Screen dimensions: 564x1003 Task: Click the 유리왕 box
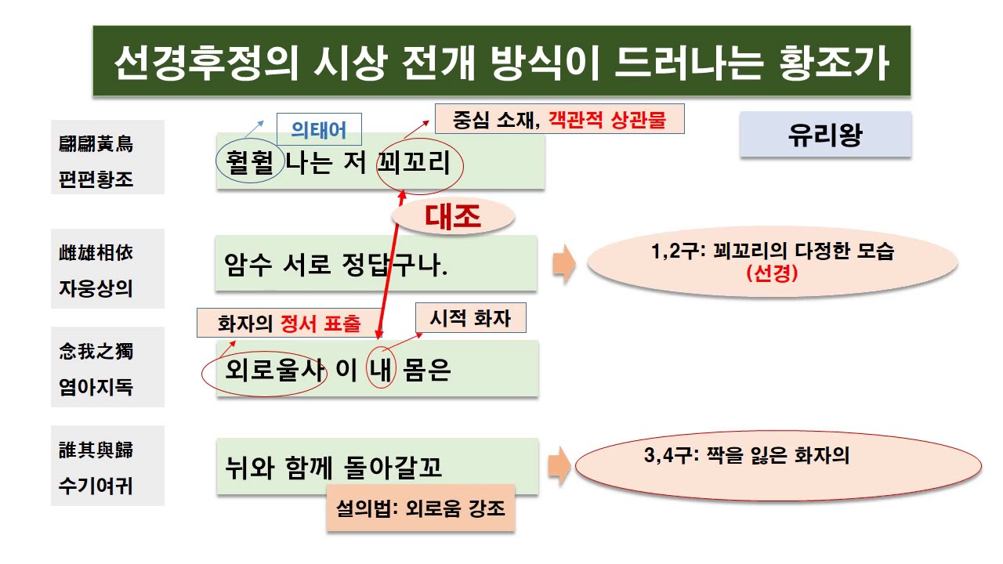[825, 135]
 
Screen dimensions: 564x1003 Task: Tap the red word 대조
[453, 216]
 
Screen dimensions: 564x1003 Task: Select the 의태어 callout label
[319, 130]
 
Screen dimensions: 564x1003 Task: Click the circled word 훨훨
[249, 164]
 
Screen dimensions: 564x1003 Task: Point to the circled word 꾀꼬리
[419, 164]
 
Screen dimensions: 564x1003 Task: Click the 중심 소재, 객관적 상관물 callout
[559, 120]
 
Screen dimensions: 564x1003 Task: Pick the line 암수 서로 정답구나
[337, 264]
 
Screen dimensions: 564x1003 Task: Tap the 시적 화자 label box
[470, 318]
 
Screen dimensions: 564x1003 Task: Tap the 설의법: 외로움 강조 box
[421, 508]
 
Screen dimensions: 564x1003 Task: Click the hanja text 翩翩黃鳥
[96, 144]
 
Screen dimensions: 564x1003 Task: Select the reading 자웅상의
[96, 288]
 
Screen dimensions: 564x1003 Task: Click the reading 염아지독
[96, 387]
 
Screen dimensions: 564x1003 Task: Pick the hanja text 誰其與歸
[96, 450]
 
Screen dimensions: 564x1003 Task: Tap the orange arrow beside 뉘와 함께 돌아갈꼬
[558, 467]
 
